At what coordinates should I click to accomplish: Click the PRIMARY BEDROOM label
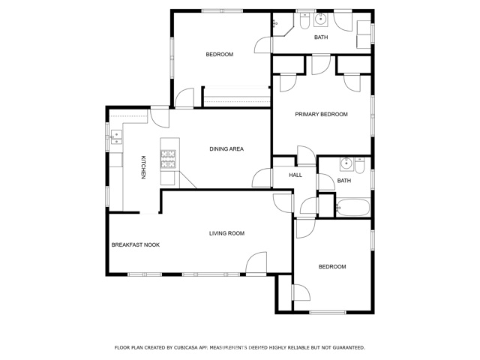(321, 114)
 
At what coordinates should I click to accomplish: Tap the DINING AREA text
(226, 148)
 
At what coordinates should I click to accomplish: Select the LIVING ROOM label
(226, 233)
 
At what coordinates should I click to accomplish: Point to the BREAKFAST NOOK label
(135, 244)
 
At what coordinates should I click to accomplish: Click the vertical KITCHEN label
(142, 166)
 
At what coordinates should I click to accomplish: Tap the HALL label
(295, 175)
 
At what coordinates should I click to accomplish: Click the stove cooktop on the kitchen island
(168, 157)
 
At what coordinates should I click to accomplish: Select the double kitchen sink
(116, 136)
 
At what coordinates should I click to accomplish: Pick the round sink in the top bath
(321, 19)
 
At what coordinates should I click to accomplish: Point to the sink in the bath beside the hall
(346, 163)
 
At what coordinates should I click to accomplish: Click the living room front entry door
(256, 262)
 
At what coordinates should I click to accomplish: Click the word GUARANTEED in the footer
(346, 347)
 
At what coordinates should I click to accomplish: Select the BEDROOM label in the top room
(220, 54)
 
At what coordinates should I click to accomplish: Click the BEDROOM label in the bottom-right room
(332, 266)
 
